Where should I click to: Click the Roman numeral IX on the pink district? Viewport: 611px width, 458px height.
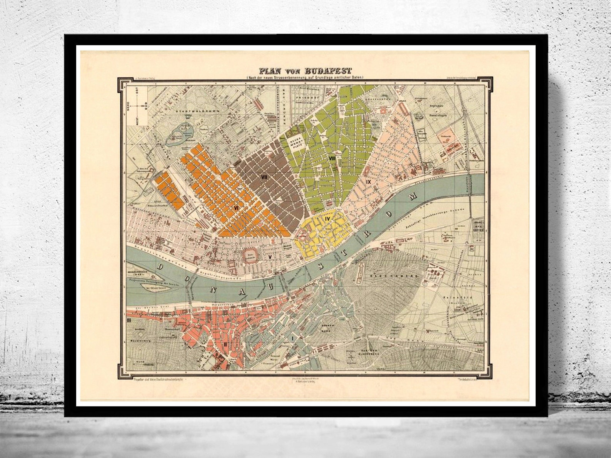tap(368, 182)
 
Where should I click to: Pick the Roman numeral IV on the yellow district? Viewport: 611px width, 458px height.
tap(328, 219)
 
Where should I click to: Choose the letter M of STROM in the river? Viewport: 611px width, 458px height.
tap(413, 198)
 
